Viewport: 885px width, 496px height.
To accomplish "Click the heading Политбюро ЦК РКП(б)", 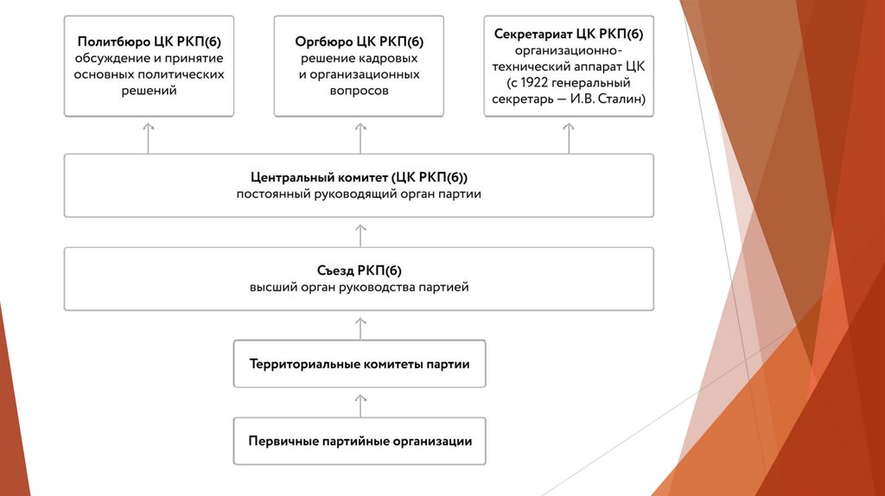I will (x=148, y=41).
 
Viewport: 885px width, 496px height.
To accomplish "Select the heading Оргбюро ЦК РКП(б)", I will (x=359, y=41).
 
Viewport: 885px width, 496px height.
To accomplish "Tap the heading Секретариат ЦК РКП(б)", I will (x=569, y=34).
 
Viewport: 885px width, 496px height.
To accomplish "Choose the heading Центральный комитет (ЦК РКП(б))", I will (x=359, y=177).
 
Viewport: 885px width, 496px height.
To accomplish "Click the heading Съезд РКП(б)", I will (x=359, y=270).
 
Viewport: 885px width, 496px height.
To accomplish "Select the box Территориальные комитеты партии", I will (x=360, y=364).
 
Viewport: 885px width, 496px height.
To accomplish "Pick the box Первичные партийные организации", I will (x=360, y=441).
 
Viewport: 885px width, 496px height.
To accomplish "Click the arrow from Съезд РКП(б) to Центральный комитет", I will (x=360, y=232).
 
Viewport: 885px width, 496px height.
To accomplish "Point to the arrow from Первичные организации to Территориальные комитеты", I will (x=360, y=403).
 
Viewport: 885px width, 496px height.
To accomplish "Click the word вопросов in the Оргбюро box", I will (x=360, y=90).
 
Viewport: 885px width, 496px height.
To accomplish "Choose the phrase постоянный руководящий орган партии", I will (x=359, y=194).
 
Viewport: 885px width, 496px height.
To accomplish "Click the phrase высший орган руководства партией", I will (x=359, y=287).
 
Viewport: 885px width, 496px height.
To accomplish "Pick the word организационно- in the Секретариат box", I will (x=569, y=50).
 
